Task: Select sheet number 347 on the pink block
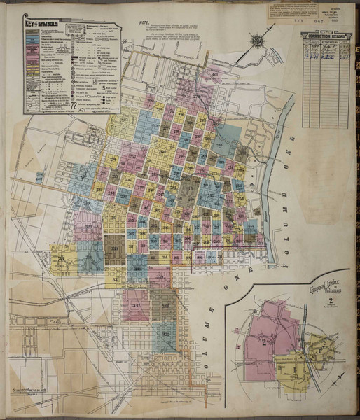[x=137, y=306]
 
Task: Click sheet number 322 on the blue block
[x=166, y=335]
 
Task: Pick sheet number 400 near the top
[x=214, y=75]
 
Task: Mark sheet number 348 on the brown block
[x=165, y=306]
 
